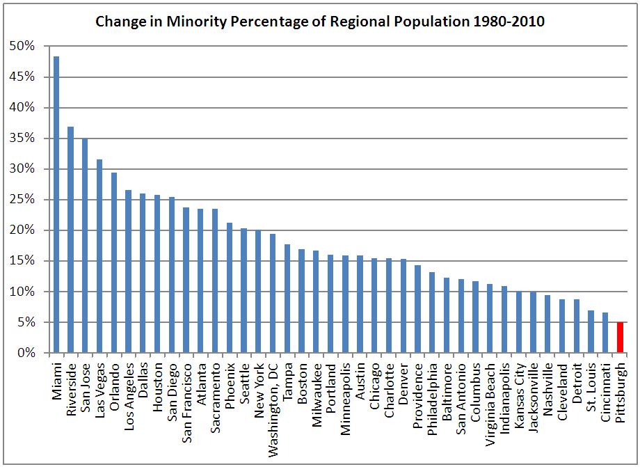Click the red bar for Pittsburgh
(620, 338)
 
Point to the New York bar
(258, 292)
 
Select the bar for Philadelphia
(431, 312)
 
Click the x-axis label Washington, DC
(273, 397)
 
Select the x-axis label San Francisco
(186, 400)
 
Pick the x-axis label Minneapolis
(345, 393)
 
